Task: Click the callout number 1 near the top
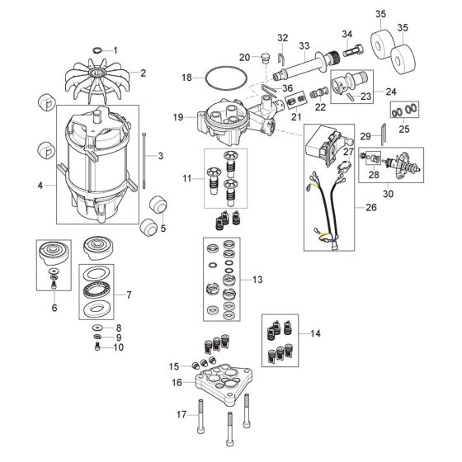pyautogui.click(x=116, y=49)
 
